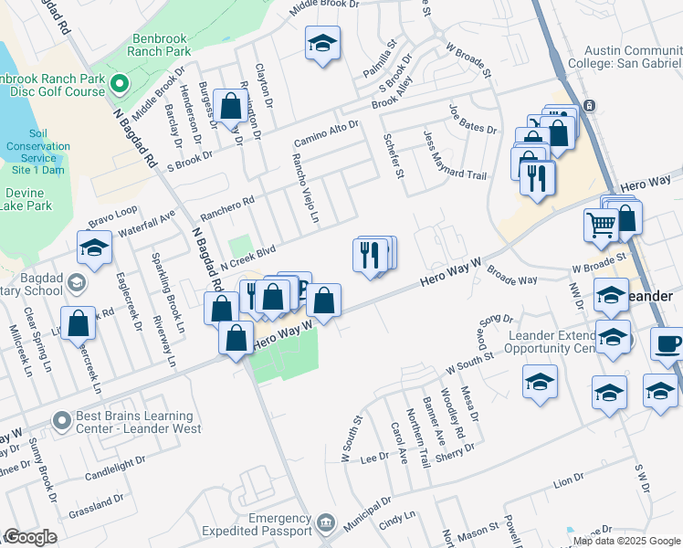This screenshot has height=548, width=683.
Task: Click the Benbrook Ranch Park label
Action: click(161, 45)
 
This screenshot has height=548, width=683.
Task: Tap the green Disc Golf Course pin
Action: click(119, 85)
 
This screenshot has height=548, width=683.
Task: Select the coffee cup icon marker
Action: click(667, 345)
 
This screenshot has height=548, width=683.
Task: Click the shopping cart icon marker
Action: click(601, 224)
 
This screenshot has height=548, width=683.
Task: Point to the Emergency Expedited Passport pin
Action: click(326, 523)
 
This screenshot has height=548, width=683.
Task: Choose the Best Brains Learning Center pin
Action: click(62, 421)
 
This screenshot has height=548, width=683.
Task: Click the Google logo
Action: click(30, 537)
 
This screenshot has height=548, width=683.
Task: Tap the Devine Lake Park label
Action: click(28, 200)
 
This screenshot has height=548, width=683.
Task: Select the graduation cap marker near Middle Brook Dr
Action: click(321, 46)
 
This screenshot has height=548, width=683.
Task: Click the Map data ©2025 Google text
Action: click(625, 540)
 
